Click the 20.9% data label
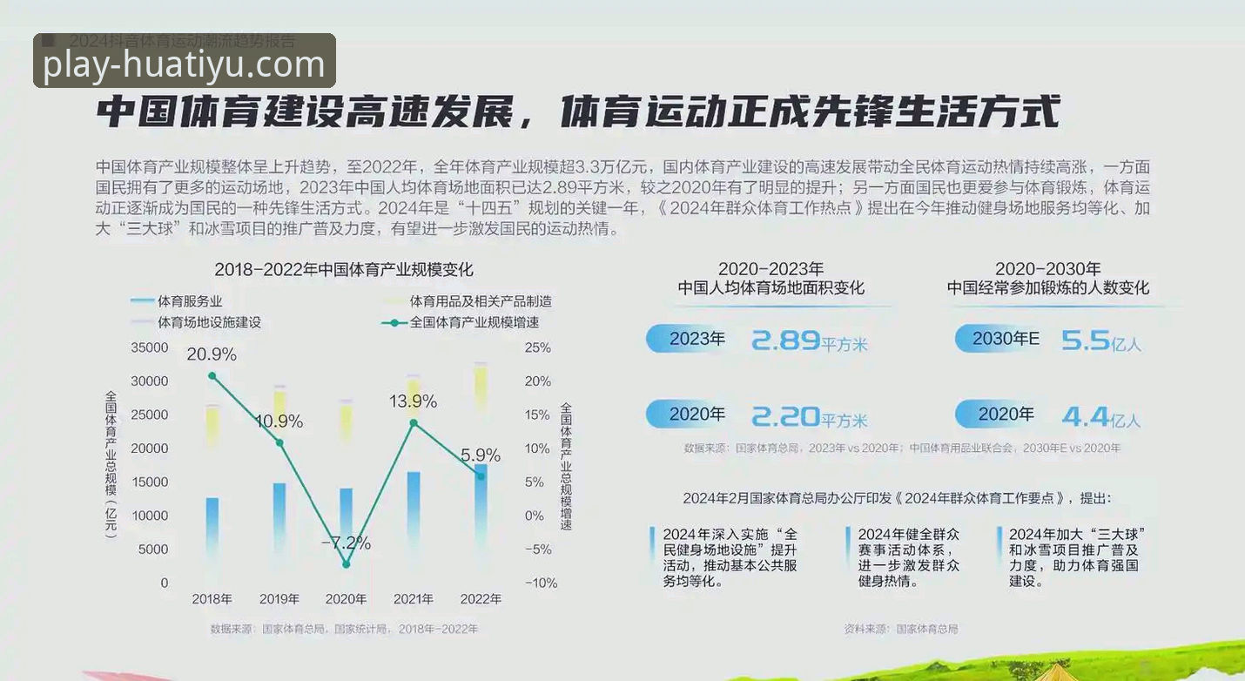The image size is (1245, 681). click(x=212, y=354)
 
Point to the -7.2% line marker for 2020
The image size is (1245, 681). click(x=347, y=564)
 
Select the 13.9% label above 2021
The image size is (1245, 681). click(x=413, y=401)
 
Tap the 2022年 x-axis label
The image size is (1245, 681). click(x=481, y=599)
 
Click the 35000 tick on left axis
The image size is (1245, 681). click(x=150, y=347)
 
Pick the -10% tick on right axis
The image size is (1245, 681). click(x=540, y=583)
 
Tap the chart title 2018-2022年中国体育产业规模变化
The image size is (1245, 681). click(x=344, y=269)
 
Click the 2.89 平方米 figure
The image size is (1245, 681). click(x=808, y=340)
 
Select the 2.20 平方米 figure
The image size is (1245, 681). click(x=808, y=417)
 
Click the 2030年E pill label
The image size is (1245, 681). click(x=1005, y=339)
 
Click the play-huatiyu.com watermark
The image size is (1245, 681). click(x=184, y=64)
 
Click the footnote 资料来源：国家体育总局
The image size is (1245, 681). click(x=900, y=629)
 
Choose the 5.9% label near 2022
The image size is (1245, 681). click(x=481, y=455)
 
